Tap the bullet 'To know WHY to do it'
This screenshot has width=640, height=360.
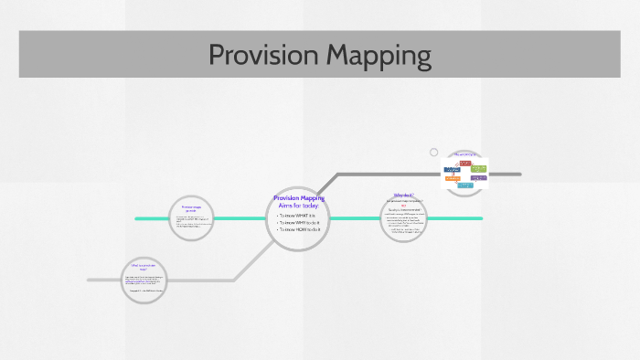click(x=296, y=223)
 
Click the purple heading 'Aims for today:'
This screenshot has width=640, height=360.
click(x=299, y=206)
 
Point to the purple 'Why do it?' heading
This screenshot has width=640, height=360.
click(x=403, y=196)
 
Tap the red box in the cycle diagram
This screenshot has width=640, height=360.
click(x=465, y=163)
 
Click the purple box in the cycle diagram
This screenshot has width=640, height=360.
click(x=479, y=178)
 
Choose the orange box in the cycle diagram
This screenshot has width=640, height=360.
click(x=452, y=179)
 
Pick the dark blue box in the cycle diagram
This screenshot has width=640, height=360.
click(x=452, y=170)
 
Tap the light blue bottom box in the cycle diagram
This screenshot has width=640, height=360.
click(x=465, y=185)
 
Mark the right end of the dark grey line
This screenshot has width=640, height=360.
click(x=519, y=174)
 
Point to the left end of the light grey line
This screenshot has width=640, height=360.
click(x=89, y=280)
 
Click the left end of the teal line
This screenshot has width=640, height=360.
click(x=136, y=218)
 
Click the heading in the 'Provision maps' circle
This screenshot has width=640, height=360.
click(x=189, y=208)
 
